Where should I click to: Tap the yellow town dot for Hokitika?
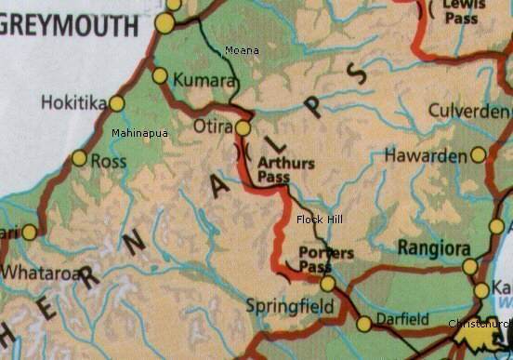117,103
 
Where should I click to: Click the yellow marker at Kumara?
160,75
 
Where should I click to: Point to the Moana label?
243,49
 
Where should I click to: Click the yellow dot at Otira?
243,127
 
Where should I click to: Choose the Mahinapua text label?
139,134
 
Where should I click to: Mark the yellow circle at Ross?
79,158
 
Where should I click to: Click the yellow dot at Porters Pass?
327,283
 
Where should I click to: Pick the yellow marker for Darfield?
364,324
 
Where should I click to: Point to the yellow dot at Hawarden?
478,154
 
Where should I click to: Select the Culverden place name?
469,111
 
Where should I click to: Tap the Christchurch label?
480,324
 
